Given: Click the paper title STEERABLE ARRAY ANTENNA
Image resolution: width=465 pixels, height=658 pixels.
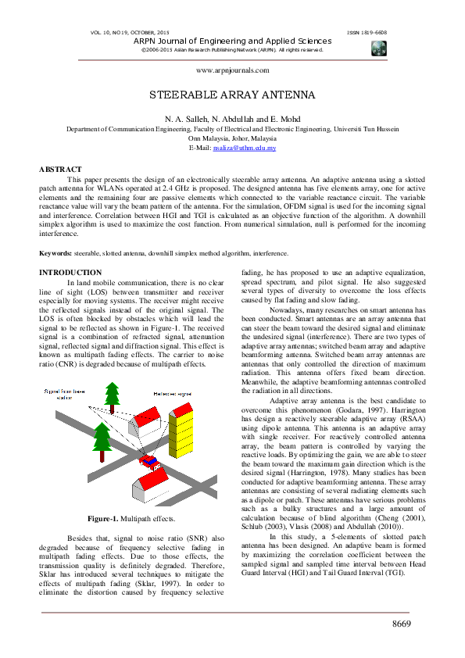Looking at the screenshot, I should coord(232,95).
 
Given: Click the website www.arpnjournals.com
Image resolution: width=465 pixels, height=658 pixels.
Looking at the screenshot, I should coord(232,70).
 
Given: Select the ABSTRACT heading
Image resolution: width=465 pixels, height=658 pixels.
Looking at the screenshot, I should coord(60,170).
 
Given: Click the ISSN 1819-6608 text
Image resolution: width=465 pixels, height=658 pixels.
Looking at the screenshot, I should coord(366,33).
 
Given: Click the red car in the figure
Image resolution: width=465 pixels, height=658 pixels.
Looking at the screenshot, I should coord(148,460).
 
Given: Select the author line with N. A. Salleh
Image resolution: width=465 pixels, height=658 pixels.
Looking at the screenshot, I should coord(232,118).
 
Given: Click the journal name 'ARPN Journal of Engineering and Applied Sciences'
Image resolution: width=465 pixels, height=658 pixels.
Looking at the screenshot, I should coord(232,41).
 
